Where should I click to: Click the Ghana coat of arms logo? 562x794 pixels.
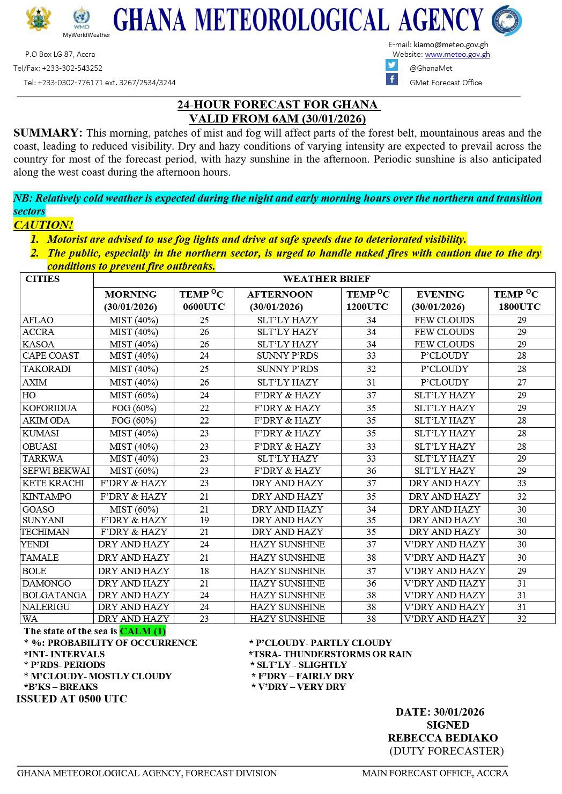coord(38,20)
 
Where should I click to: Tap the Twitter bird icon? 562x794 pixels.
coord(392,65)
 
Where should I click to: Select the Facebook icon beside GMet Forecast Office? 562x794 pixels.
coord(392,80)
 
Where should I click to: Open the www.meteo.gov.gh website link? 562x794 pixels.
coord(457,54)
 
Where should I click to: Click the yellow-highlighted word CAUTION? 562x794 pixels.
coord(43,225)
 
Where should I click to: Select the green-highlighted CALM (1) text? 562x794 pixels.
coord(143,631)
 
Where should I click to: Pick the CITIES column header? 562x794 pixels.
coord(42,279)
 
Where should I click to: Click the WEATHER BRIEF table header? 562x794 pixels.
coord(326,279)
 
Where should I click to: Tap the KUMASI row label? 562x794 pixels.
coord(41,433)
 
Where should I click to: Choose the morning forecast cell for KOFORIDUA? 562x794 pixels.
coord(134,408)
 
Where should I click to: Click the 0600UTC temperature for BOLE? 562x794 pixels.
coord(203,571)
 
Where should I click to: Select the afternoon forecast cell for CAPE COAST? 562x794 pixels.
coord(287,355)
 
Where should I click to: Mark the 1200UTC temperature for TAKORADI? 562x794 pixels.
coord(371,369)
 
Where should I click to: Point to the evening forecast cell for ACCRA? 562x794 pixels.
coord(444,332)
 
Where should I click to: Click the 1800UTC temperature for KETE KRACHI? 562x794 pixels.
coord(521,483)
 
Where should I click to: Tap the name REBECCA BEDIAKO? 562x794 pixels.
coord(443,738)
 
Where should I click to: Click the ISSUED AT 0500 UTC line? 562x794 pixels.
coord(71,699)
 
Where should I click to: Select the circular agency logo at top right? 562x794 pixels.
coord(506,20)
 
